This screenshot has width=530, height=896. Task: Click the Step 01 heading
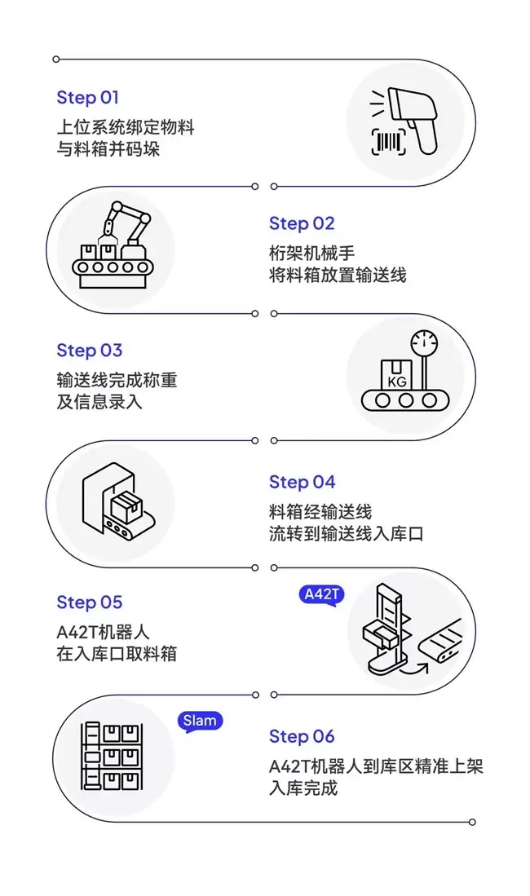pos(87,98)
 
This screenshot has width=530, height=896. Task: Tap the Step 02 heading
pos(302,223)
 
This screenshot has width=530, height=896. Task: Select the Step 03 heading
pos(89,351)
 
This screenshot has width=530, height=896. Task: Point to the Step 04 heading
pos(302,482)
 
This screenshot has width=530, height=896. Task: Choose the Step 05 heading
pos(89,602)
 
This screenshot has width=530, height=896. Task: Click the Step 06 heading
pos(302,736)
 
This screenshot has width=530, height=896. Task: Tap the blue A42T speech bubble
pos(321,595)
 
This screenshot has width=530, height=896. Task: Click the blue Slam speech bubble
pos(200,721)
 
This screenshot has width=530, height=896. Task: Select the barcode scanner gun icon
pos(412,118)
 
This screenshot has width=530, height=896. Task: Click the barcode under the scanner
pos(388,143)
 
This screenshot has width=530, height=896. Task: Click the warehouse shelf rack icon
pos(111,757)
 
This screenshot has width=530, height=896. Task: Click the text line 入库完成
pos(303,788)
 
